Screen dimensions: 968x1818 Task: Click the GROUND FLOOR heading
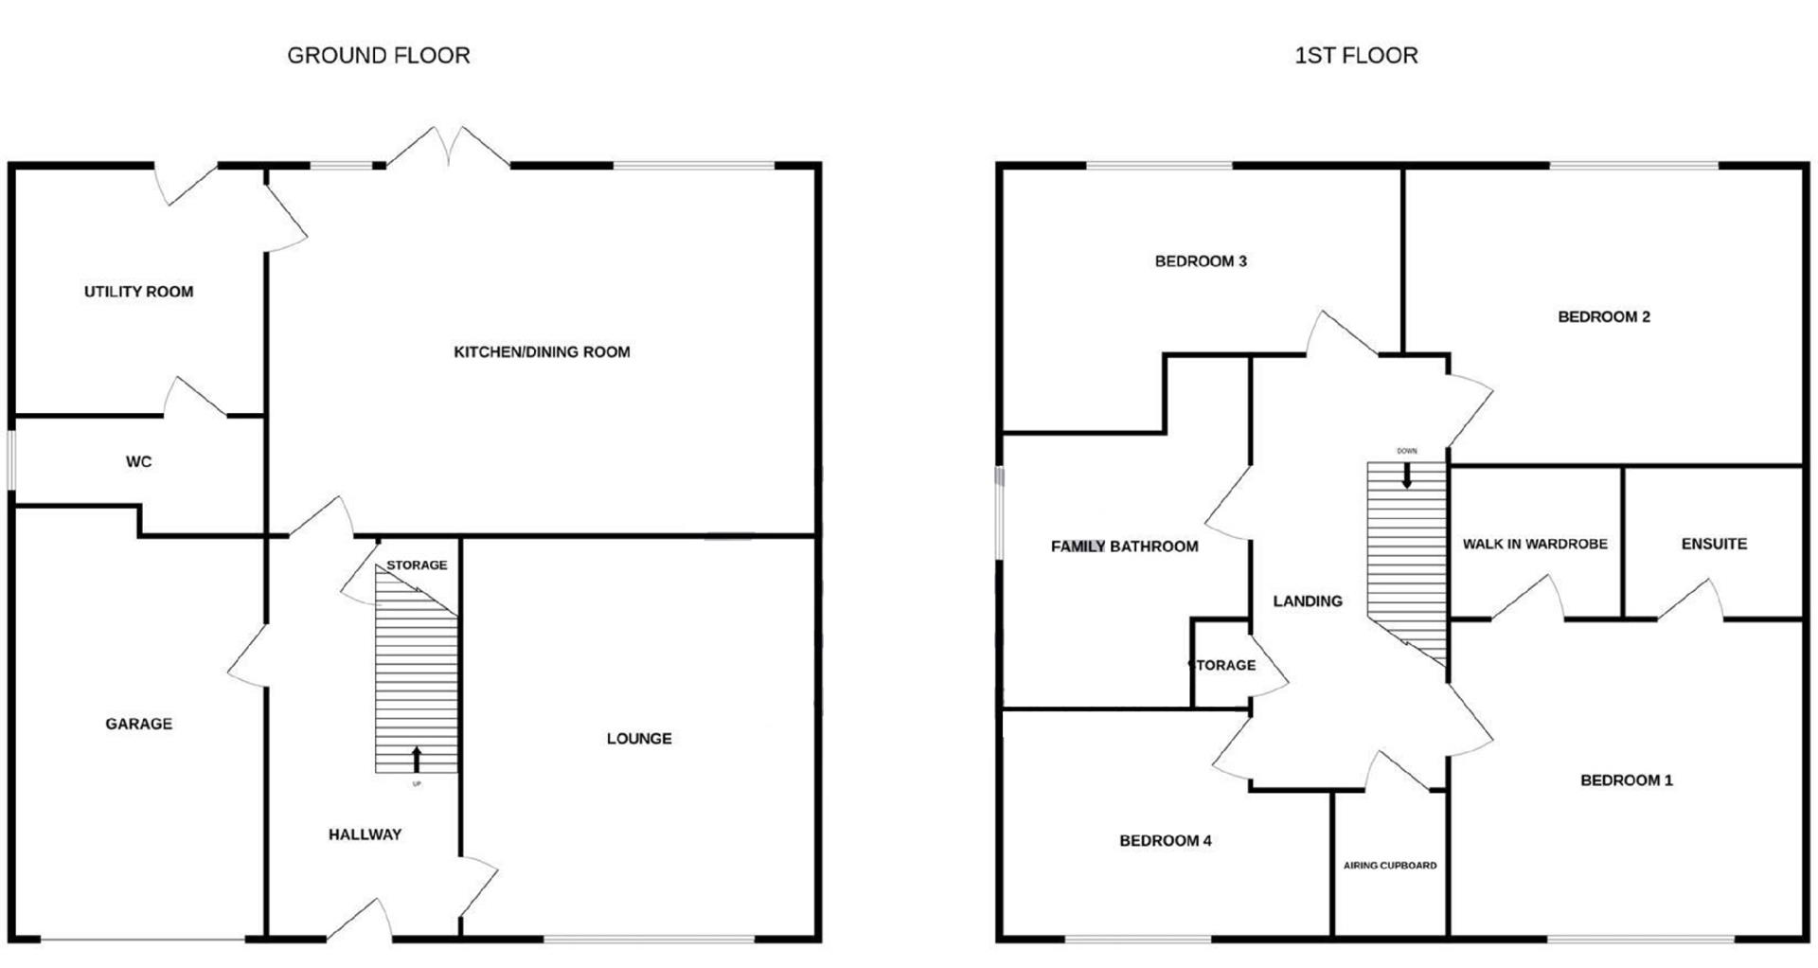pos(378,56)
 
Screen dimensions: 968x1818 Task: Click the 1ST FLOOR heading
pos(1356,56)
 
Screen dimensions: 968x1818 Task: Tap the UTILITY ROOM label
pos(138,292)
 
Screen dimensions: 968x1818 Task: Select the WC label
pos(138,462)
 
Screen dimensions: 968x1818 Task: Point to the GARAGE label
pos(138,724)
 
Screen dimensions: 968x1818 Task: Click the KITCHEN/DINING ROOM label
pos(542,352)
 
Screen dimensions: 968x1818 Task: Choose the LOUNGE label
pos(639,739)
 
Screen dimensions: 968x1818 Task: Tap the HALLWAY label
pos(365,834)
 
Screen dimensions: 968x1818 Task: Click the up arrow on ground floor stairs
pos(417,760)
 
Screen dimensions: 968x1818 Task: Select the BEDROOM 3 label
pos(1201,261)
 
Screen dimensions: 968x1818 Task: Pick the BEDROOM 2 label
pos(1604,317)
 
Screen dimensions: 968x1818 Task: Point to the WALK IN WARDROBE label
pos(1535,545)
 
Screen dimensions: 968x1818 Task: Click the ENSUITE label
pos(1714,545)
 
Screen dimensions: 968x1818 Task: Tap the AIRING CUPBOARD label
pos(1389,866)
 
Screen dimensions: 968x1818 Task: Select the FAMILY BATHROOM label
pos(1124,547)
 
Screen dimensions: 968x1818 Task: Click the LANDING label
pos(1308,601)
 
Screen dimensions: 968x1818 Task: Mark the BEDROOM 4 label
pos(1165,841)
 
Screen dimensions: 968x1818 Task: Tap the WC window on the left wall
pos(12,461)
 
